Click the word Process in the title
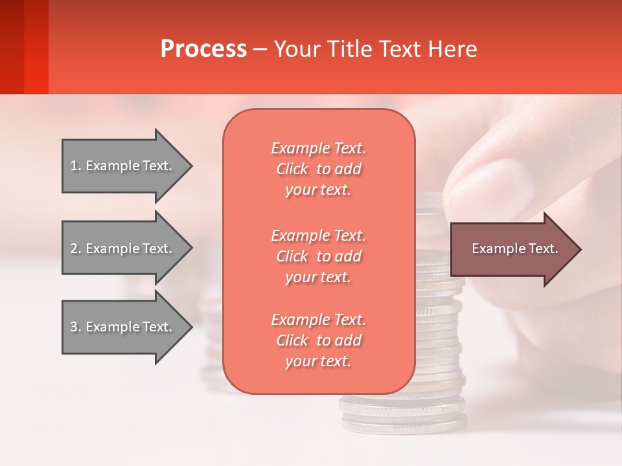[x=203, y=49]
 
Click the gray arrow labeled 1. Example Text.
[x=123, y=166]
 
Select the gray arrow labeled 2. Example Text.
[x=123, y=249]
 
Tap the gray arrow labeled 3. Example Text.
[x=123, y=327]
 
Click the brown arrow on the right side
[x=512, y=249]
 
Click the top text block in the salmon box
[x=318, y=169]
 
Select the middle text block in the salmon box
[x=318, y=256]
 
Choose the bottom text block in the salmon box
[x=318, y=340]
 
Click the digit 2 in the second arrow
[x=73, y=249]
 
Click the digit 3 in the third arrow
[x=73, y=327]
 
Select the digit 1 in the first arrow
[x=73, y=166]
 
